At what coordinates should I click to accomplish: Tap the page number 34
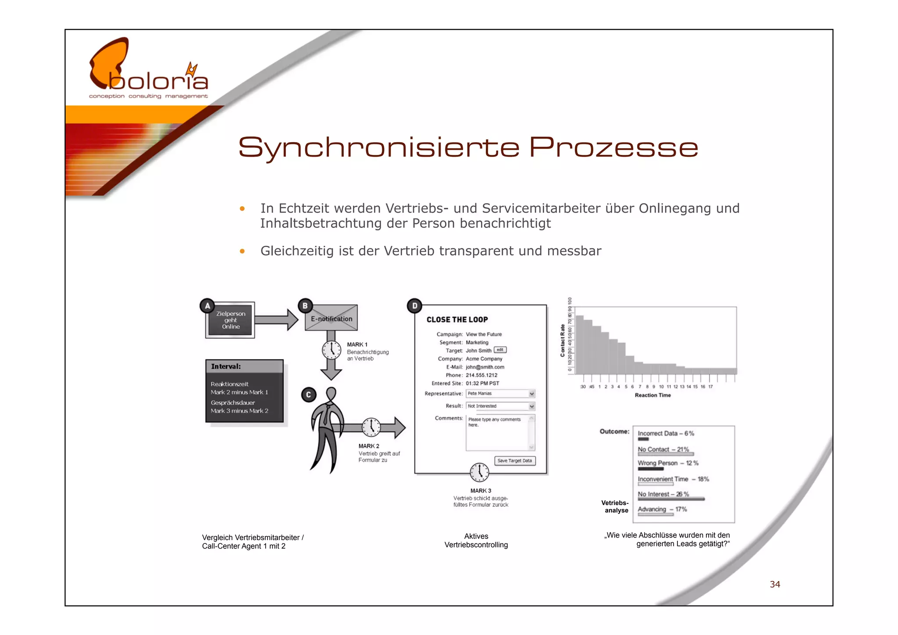click(775, 584)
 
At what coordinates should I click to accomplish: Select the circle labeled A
click(207, 306)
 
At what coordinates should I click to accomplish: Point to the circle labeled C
click(308, 395)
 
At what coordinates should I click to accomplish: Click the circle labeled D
click(414, 306)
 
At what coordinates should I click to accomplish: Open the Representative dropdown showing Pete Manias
click(500, 394)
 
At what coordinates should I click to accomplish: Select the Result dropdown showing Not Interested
click(500, 406)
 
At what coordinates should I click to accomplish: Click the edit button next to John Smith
click(500, 350)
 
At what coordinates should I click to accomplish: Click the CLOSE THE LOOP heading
click(457, 319)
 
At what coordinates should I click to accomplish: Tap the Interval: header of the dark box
click(226, 366)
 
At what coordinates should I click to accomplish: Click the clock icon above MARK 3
click(479, 472)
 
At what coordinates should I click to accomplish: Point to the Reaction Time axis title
click(652, 395)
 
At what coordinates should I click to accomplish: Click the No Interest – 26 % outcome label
click(663, 494)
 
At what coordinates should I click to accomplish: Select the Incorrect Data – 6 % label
click(666, 433)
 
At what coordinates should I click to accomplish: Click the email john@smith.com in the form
click(485, 367)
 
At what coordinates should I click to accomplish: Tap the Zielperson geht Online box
click(231, 320)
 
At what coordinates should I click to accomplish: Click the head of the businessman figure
click(331, 393)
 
